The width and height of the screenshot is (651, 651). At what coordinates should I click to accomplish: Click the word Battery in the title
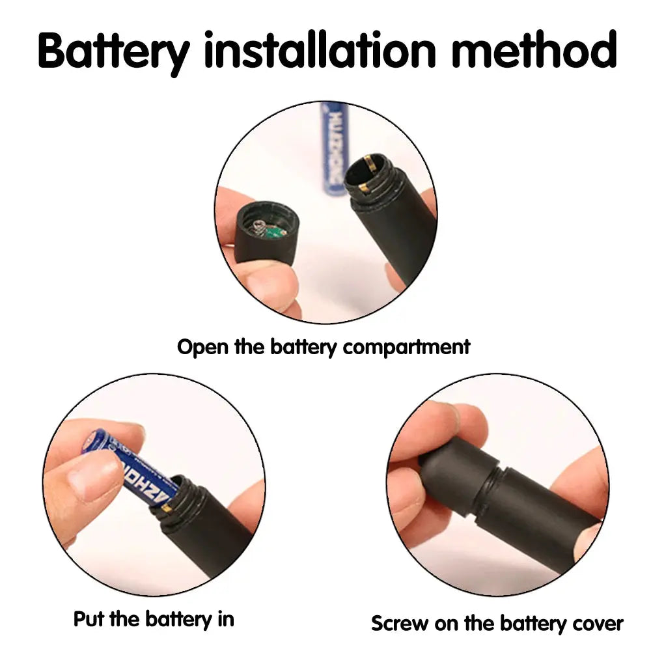114,52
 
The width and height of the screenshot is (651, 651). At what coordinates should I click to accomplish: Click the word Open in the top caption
202,347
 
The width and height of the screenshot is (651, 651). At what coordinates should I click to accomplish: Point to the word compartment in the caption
406,348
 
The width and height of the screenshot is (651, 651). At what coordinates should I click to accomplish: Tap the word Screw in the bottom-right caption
399,624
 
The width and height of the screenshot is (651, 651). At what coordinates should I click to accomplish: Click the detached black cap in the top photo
266,232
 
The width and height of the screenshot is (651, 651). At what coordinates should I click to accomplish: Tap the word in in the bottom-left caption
226,619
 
